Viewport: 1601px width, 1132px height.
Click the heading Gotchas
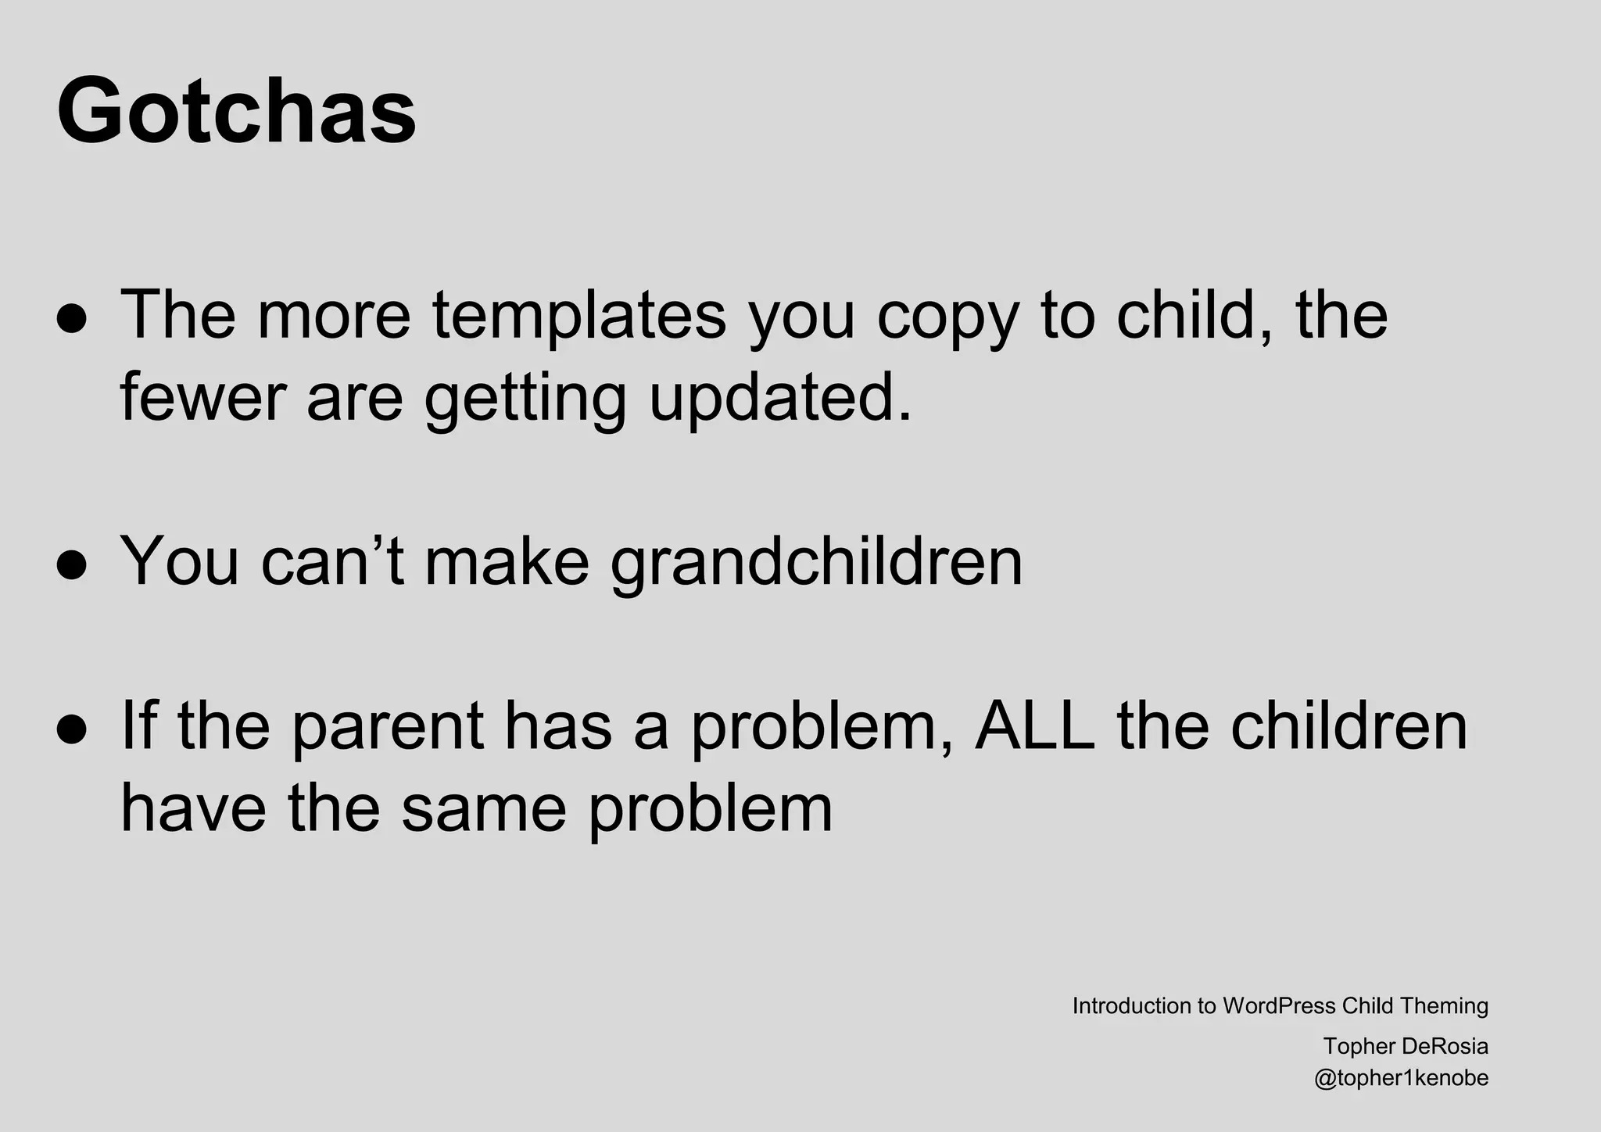(236, 110)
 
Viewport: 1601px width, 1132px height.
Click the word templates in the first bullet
(579, 315)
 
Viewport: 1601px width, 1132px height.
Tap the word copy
(947, 317)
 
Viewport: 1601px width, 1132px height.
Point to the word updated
(779, 399)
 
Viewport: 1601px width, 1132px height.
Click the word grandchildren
(816, 561)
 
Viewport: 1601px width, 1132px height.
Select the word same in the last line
(484, 808)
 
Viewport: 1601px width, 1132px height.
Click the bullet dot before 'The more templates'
(71, 320)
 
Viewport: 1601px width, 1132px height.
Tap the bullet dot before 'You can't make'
(71, 566)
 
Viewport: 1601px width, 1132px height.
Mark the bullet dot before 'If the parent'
(71, 729)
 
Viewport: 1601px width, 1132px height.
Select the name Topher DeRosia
(1405, 1046)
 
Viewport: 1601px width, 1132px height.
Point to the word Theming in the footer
(1444, 1006)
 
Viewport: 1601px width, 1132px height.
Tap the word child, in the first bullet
(1195, 315)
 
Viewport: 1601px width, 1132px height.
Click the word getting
(525, 399)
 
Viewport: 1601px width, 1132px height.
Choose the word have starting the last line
(193, 808)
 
